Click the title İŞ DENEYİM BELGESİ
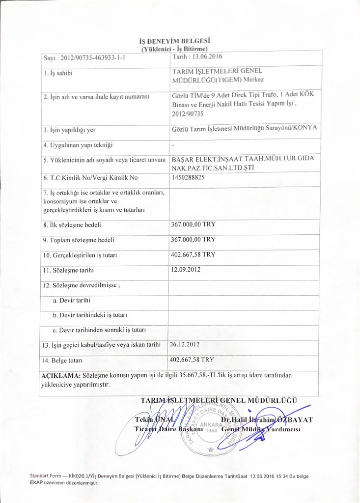[x=178, y=41]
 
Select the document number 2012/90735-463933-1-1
[x=90, y=58]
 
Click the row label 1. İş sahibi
[x=58, y=73]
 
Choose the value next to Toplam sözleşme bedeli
[x=193, y=239]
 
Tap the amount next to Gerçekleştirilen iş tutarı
[x=193, y=254]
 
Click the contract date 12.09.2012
[x=186, y=269]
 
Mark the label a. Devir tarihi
[x=71, y=300]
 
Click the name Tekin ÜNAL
[x=151, y=419]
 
